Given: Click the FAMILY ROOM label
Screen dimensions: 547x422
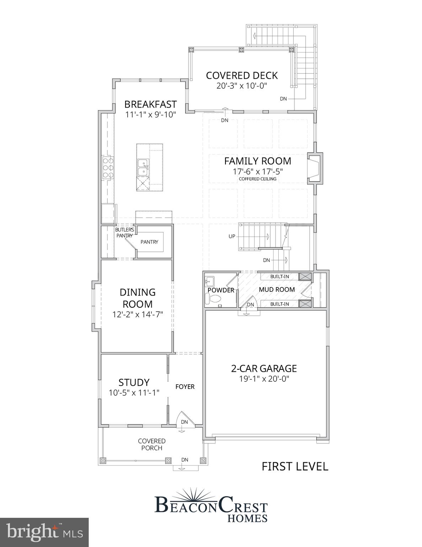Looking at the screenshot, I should pyautogui.click(x=257, y=161).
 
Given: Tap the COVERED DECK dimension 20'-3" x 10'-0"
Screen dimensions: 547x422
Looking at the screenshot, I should pyautogui.click(x=242, y=86).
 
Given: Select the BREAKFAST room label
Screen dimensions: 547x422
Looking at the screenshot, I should pyautogui.click(x=150, y=104).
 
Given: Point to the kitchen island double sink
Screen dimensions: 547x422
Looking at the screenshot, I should pyautogui.click(x=144, y=168).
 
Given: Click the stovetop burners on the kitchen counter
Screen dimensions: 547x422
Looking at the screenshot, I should pyautogui.click(x=108, y=168).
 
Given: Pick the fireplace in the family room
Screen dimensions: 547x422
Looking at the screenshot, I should pyautogui.click(x=314, y=168).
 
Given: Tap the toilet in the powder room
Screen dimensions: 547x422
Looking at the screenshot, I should pyautogui.click(x=214, y=299).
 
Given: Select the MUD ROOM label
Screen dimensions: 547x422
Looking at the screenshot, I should pyautogui.click(x=277, y=290).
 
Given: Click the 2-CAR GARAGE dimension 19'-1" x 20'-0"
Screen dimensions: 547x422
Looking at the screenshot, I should pyautogui.click(x=264, y=379).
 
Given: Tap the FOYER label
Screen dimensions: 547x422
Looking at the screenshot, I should pyautogui.click(x=185, y=387).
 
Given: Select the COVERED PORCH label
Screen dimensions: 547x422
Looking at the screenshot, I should pyautogui.click(x=152, y=444).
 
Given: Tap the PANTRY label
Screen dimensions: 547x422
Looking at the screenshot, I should pyautogui.click(x=149, y=242).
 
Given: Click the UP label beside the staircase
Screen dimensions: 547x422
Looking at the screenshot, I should pyautogui.click(x=232, y=236).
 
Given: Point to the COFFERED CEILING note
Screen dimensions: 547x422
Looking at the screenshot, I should pyautogui.click(x=257, y=179).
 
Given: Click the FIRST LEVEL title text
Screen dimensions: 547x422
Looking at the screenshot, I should pyautogui.click(x=295, y=466).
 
